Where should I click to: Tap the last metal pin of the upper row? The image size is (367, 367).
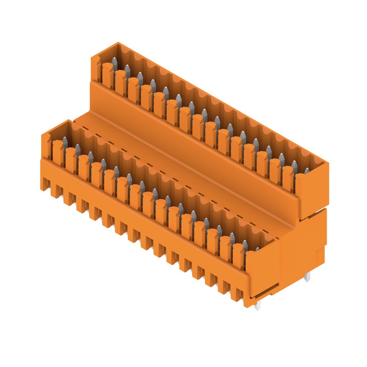click(x=306, y=171)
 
